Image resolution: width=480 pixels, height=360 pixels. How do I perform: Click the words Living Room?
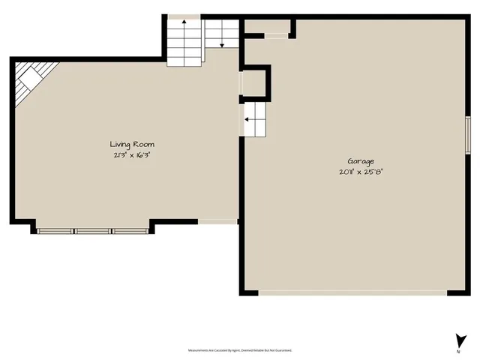pos(133,144)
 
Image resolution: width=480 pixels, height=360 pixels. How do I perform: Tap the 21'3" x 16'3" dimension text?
pos(133,154)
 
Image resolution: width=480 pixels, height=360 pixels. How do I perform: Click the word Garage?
pos(361,161)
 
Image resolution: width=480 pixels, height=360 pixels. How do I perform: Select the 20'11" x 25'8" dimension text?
pos(361,172)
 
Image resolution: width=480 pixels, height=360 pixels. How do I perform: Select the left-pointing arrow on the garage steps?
pos(247,118)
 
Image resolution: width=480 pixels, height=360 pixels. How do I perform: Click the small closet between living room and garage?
pos(255,82)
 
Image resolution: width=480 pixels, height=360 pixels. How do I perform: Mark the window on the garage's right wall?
pos(466,136)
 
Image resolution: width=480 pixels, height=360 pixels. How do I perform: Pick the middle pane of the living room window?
pos(93,231)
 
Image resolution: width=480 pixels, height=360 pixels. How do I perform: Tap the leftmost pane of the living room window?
pos(56,231)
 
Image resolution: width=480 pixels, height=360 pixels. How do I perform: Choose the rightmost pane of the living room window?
pos(130,231)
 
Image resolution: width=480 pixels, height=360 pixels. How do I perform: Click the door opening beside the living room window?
pos(217,220)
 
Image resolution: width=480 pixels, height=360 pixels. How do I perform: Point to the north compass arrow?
pos(457,340)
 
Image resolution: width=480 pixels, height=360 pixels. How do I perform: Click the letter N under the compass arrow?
pos(457,351)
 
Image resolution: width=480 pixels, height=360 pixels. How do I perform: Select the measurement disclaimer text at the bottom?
pos(239,350)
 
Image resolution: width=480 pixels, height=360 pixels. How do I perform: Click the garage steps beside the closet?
pos(253,120)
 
